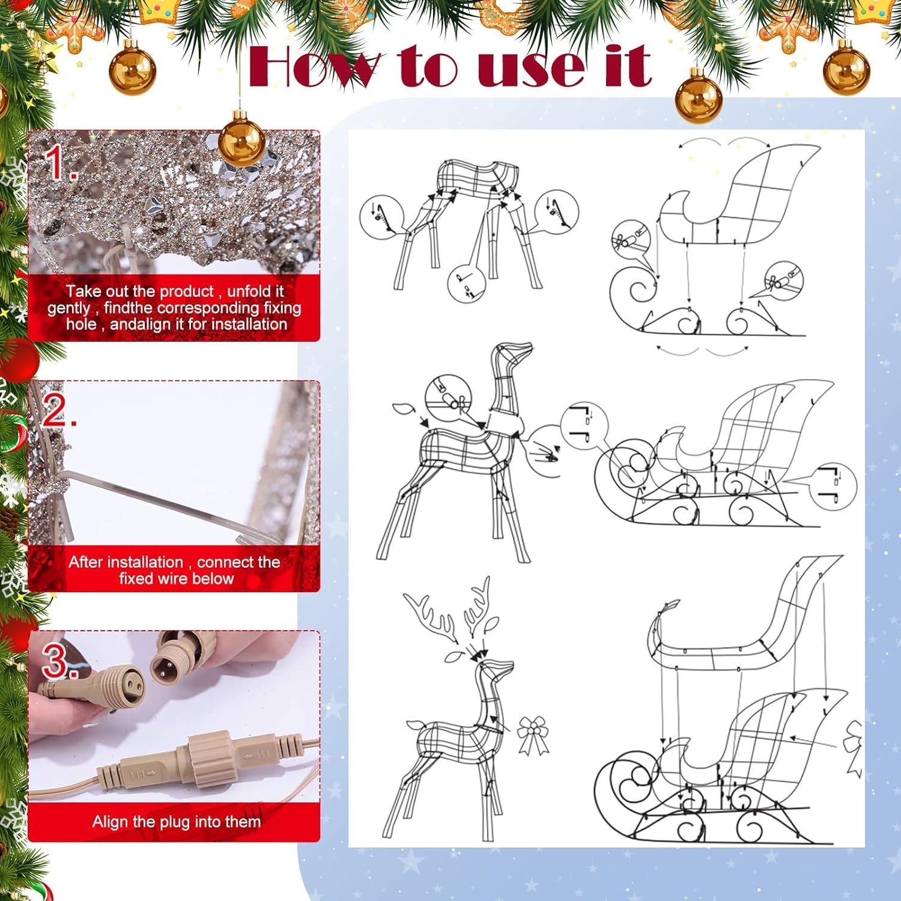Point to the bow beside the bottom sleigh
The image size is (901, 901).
854,750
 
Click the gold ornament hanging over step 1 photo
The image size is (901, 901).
241,141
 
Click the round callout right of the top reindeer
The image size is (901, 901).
556,211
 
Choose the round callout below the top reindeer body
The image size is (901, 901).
467,282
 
